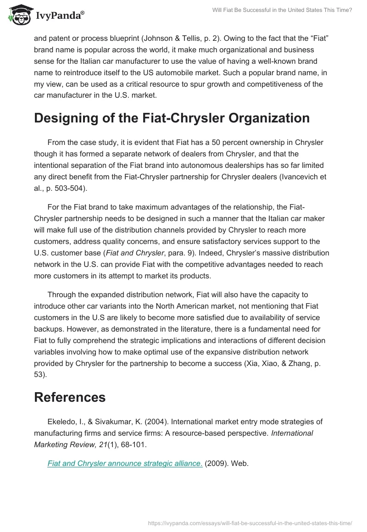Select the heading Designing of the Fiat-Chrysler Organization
tap(172, 118)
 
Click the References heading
tap(70, 397)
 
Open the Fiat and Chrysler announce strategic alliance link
tap(125, 463)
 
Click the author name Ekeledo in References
tap(61, 421)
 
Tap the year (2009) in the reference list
tap(220, 463)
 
